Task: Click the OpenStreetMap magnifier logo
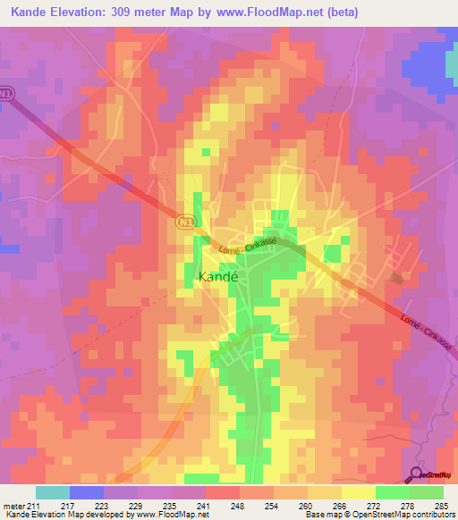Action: pyautogui.click(x=417, y=474)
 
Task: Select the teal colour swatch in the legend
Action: pyautogui.click(x=52, y=492)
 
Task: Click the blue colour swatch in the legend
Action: pyautogui.click(x=86, y=492)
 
